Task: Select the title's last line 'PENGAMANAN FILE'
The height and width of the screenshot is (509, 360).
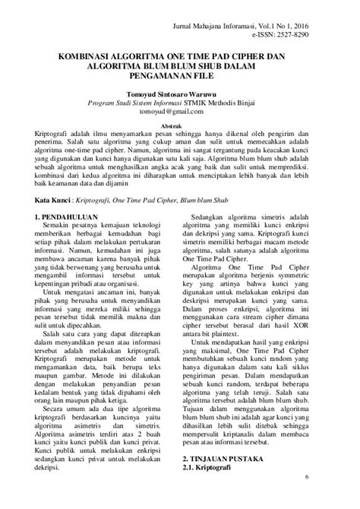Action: (180, 77)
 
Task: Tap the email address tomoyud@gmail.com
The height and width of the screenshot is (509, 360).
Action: (180, 112)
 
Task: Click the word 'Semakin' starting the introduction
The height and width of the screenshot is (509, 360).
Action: (59, 227)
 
